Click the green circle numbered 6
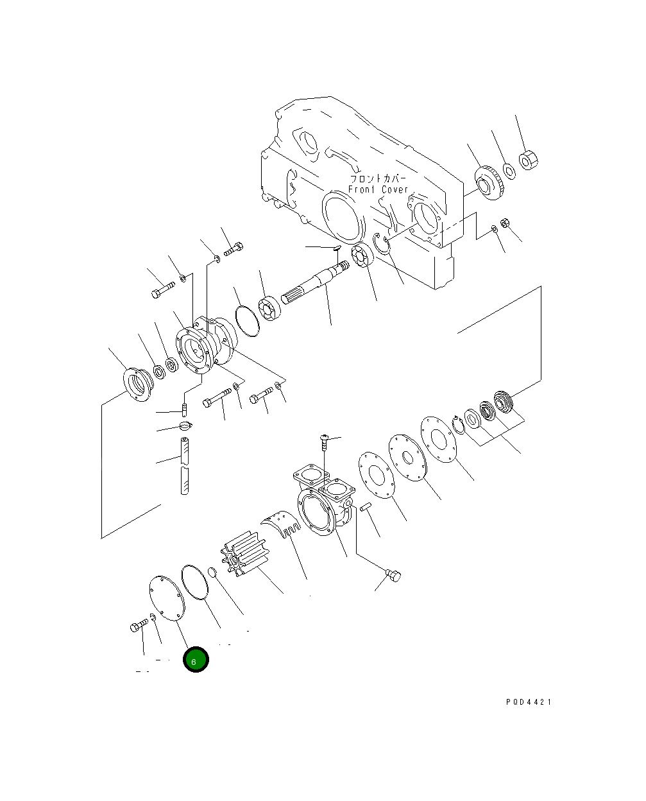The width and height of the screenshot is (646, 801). pyautogui.click(x=196, y=660)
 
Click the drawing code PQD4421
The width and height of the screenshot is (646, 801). pyautogui.click(x=529, y=702)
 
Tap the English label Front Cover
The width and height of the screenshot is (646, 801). pyautogui.click(x=378, y=189)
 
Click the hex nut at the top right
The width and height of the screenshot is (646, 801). pyautogui.click(x=529, y=160)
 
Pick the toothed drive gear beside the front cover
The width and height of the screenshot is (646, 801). pyautogui.click(x=489, y=183)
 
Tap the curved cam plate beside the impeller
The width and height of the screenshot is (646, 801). pyautogui.click(x=280, y=523)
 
